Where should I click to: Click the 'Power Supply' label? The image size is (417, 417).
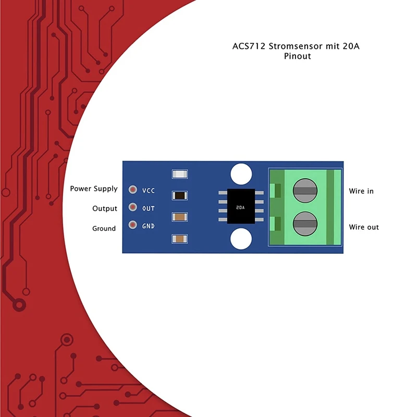[94, 189]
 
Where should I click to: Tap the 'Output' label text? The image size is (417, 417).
[105, 208]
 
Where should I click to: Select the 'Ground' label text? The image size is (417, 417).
[104, 228]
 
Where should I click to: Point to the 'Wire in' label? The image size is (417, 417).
[361, 191]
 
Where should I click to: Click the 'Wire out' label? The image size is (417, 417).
[364, 227]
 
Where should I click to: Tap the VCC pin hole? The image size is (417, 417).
[133, 190]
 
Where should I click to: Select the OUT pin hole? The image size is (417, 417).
[133, 208]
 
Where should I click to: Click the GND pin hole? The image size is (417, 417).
[133, 226]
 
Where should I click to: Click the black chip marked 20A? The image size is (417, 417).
[241, 207]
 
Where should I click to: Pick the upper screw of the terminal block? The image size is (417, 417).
[305, 190]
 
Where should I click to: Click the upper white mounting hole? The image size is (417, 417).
[241, 174]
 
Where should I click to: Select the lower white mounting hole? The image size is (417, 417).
[241, 239]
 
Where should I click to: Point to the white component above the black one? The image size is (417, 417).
[179, 174]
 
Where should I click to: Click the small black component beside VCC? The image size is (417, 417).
[179, 195]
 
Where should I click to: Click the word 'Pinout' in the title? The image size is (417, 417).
[297, 56]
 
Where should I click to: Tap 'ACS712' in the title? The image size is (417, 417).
[249, 46]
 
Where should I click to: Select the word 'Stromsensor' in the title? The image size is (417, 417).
[295, 46]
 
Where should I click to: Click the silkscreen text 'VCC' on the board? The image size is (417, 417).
[149, 190]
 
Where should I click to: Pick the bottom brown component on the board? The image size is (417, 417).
[179, 239]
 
